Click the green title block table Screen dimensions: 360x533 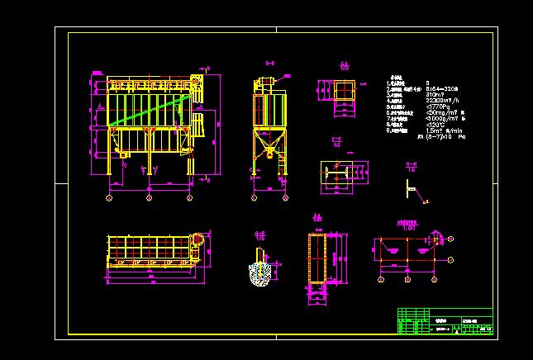click(445, 321)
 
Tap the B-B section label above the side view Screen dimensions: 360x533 click(269, 63)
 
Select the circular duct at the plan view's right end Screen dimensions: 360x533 click(197, 239)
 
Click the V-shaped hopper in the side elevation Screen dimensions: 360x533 click(268, 150)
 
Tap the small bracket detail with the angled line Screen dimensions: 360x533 click(409, 186)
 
